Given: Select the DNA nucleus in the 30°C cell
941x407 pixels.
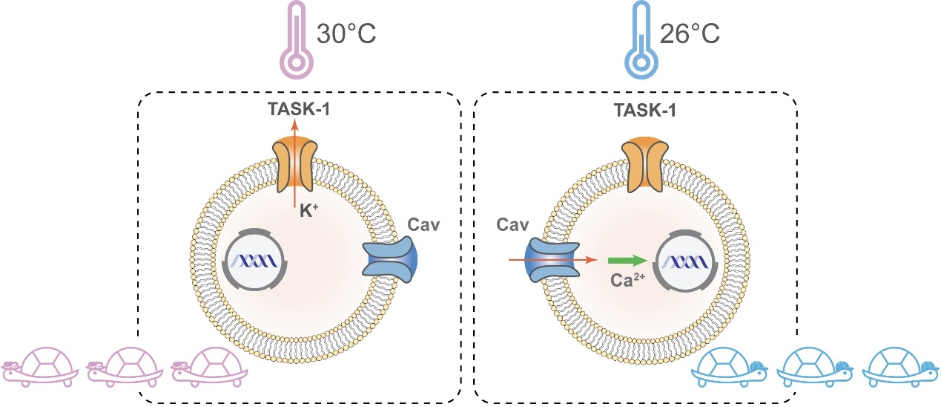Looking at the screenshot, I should pos(254,261).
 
